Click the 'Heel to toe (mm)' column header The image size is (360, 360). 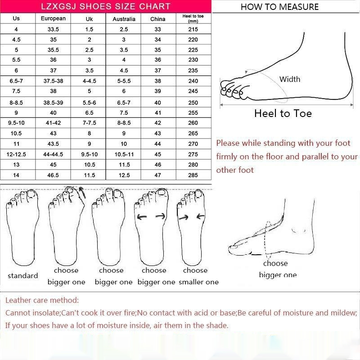[x=193, y=18]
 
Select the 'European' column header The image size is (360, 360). [x=53, y=18]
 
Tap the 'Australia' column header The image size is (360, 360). [x=124, y=19]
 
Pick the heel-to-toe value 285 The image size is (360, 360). [x=193, y=175]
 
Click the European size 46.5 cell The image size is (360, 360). [x=53, y=175]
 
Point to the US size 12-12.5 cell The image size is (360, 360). [x=16, y=154]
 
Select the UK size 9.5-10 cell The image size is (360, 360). [x=89, y=154]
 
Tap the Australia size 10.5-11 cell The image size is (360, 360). [x=124, y=154]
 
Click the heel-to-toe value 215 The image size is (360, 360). [x=193, y=29]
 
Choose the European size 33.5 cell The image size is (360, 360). [x=53, y=29]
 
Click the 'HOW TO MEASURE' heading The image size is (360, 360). [x=279, y=7]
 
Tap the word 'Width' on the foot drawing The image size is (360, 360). [x=290, y=79]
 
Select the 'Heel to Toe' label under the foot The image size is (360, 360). [x=283, y=113]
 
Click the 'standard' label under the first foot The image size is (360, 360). [x=23, y=275]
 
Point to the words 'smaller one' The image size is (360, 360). [x=198, y=282]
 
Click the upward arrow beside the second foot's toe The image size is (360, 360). [x=82, y=193]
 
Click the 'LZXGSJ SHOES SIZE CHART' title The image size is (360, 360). [x=106, y=6]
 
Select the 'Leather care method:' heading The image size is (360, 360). [x=42, y=300]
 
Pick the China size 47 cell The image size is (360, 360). [x=158, y=175]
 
